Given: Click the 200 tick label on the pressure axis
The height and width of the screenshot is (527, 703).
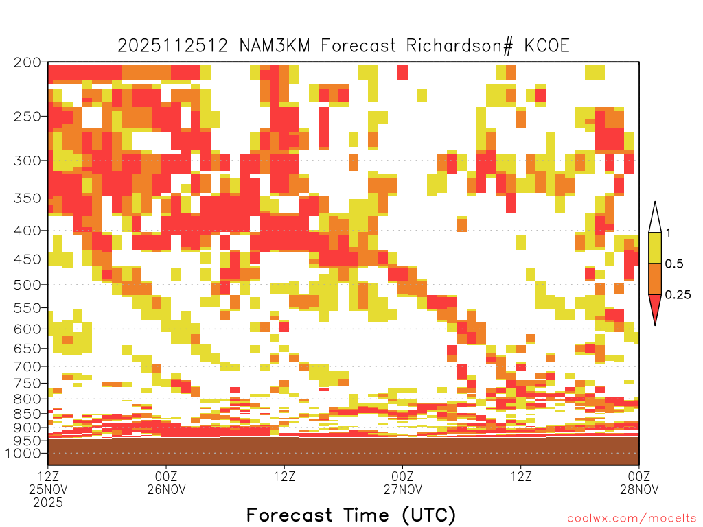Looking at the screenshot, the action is [x=27, y=62].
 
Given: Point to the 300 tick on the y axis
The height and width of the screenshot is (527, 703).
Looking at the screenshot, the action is [x=27, y=161].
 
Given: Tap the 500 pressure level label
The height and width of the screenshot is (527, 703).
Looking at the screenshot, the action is [x=27, y=285].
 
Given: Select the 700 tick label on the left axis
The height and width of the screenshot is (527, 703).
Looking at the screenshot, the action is [x=27, y=366].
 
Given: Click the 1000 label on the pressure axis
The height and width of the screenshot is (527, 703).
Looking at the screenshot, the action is [x=23, y=453].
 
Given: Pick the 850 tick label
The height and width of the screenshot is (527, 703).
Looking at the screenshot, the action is [x=27, y=413].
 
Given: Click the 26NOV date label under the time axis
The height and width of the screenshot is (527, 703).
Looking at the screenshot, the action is [x=166, y=489].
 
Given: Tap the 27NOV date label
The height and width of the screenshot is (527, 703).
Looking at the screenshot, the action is [x=402, y=489].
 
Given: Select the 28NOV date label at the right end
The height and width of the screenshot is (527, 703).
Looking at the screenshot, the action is [x=639, y=489].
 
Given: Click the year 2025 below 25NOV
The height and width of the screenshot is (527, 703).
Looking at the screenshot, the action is [x=48, y=503].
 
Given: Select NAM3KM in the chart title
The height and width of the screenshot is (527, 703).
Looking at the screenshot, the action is [x=275, y=46].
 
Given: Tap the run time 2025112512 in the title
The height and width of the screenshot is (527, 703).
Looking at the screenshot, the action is [x=173, y=46].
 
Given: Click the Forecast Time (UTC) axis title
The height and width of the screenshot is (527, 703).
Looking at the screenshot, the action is [x=351, y=515].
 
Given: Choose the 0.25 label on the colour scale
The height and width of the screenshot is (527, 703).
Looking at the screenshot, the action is [x=678, y=294].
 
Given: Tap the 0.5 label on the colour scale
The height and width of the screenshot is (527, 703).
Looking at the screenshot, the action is [x=674, y=263].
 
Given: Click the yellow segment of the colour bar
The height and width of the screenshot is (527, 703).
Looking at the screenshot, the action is [x=655, y=248].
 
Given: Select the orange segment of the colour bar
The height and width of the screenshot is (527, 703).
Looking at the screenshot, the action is [x=655, y=279].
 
